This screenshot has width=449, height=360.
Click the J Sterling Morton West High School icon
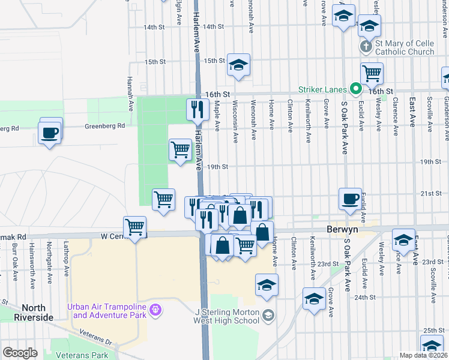[268, 315]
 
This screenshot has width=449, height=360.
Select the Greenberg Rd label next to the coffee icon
[104, 126]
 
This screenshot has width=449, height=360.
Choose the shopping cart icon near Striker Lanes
[372, 74]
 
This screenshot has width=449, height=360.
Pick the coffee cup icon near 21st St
[350, 199]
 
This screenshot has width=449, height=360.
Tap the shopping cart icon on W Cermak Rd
[135, 227]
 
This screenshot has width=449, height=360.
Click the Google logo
[20, 353]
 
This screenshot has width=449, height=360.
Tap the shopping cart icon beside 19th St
[180, 149]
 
